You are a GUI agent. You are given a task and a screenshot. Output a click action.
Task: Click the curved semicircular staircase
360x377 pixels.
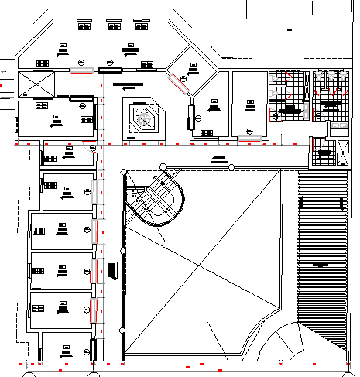[x=159, y=200]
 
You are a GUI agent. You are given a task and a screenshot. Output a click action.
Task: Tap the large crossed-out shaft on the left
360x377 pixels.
[x=35, y=84]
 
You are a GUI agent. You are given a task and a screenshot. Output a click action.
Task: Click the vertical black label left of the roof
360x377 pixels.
[x=114, y=272]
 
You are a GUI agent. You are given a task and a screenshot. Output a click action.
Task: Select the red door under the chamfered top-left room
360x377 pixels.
[x=80, y=70]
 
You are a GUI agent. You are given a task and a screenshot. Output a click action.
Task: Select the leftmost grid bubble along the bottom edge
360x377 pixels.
[x=29, y=372]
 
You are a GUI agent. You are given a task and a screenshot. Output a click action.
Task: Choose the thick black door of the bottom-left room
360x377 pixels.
[x=94, y=348]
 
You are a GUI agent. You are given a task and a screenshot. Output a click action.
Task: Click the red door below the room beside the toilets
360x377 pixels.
[x=248, y=139]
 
